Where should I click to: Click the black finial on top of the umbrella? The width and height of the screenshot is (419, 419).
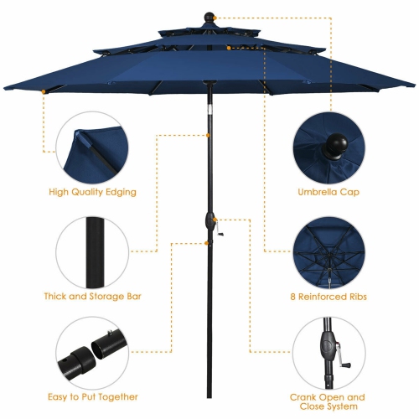pyautogui.click(x=209, y=15)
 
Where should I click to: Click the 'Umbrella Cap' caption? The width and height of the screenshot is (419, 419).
pyautogui.click(x=332, y=192)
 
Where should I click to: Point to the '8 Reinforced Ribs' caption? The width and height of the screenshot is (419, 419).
pyautogui.click(x=332, y=296)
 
